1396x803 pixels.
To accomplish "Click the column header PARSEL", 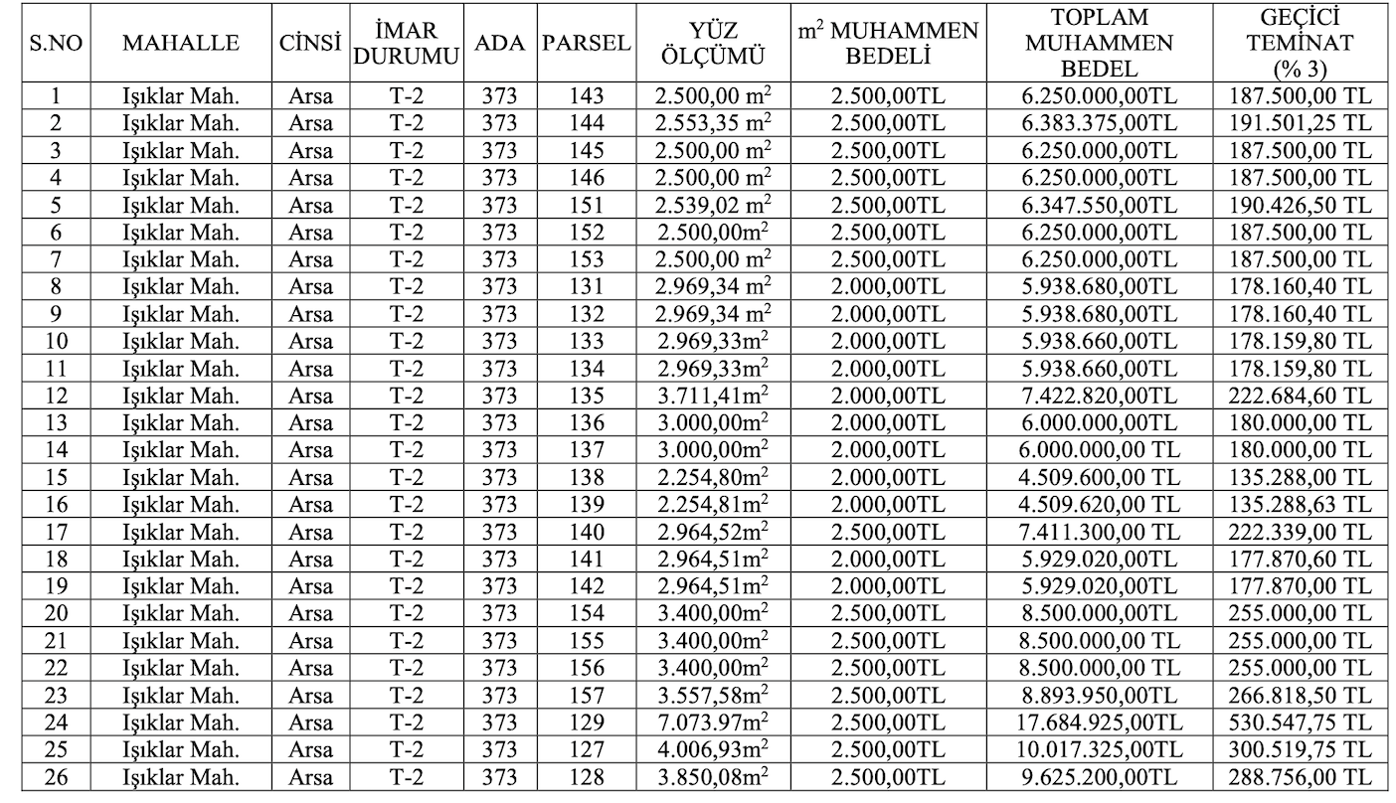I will (x=587, y=43).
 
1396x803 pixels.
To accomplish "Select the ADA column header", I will (x=499, y=43).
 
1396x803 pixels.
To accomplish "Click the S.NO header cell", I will (x=56, y=43).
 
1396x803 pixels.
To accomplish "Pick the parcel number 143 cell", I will (x=587, y=96).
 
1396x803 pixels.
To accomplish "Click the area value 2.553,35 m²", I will (x=714, y=123).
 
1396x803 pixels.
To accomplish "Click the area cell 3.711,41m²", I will (x=714, y=396).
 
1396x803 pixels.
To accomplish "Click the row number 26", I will (x=56, y=776).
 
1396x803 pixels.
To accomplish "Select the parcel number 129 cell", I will (x=587, y=722).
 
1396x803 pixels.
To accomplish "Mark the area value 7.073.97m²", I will (x=714, y=722).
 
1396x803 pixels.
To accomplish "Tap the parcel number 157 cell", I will (x=587, y=695).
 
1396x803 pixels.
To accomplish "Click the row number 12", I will (x=56, y=396).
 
